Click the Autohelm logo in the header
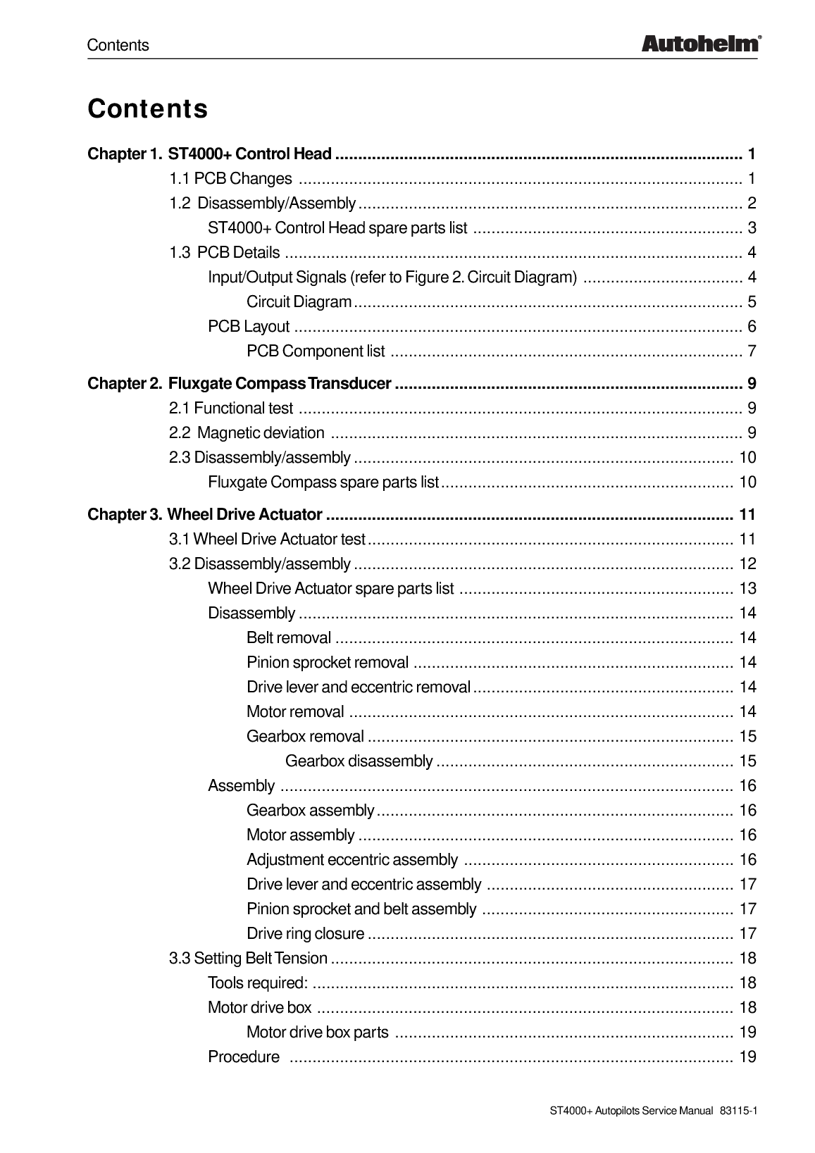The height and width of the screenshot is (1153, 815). (x=700, y=44)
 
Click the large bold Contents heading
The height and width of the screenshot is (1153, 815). (x=148, y=109)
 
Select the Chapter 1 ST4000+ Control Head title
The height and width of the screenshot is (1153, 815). (x=209, y=154)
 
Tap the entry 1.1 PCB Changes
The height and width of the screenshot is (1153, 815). (x=230, y=179)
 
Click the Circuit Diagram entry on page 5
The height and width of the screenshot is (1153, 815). (x=299, y=302)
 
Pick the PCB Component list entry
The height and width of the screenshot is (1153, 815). (x=316, y=351)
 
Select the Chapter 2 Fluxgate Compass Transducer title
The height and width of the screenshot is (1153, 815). (x=239, y=384)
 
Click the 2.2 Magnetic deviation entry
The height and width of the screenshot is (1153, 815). (x=247, y=432)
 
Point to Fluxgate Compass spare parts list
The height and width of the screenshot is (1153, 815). (x=323, y=482)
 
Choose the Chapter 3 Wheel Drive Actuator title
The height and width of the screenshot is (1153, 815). (x=205, y=515)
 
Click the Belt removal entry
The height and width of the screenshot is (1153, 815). (x=289, y=638)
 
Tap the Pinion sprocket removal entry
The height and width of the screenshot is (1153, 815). (x=328, y=663)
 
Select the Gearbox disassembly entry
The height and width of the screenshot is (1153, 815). (x=359, y=761)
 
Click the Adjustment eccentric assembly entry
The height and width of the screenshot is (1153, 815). (x=352, y=860)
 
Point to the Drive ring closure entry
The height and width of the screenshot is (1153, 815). (x=306, y=934)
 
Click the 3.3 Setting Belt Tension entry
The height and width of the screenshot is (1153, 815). (x=248, y=959)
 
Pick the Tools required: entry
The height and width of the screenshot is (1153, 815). (x=258, y=983)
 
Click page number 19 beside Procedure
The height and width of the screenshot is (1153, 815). (x=747, y=1057)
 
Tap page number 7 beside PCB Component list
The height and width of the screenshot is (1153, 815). (x=752, y=351)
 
